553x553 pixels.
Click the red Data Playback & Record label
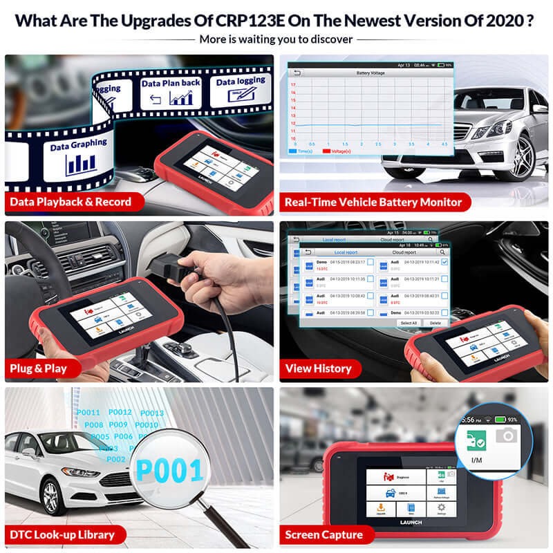[x=69, y=203]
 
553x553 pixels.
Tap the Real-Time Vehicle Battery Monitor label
[x=373, y=203]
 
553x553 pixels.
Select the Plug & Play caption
[x=38, y=368]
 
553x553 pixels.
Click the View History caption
[x=319, y=368]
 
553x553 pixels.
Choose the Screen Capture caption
[x=324, y=534]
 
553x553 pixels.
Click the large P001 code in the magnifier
[x=169, y=470]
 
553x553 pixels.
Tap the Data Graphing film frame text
[x=78, y=144]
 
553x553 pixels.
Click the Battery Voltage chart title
[x=371, y=72]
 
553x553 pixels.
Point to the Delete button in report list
[x=435, y=323]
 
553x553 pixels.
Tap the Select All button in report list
[x=409, y=323]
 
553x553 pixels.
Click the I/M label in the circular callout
[x=476, y=458]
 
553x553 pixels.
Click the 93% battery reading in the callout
[x=512, y=419]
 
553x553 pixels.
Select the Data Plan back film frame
[x=171, y=92]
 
